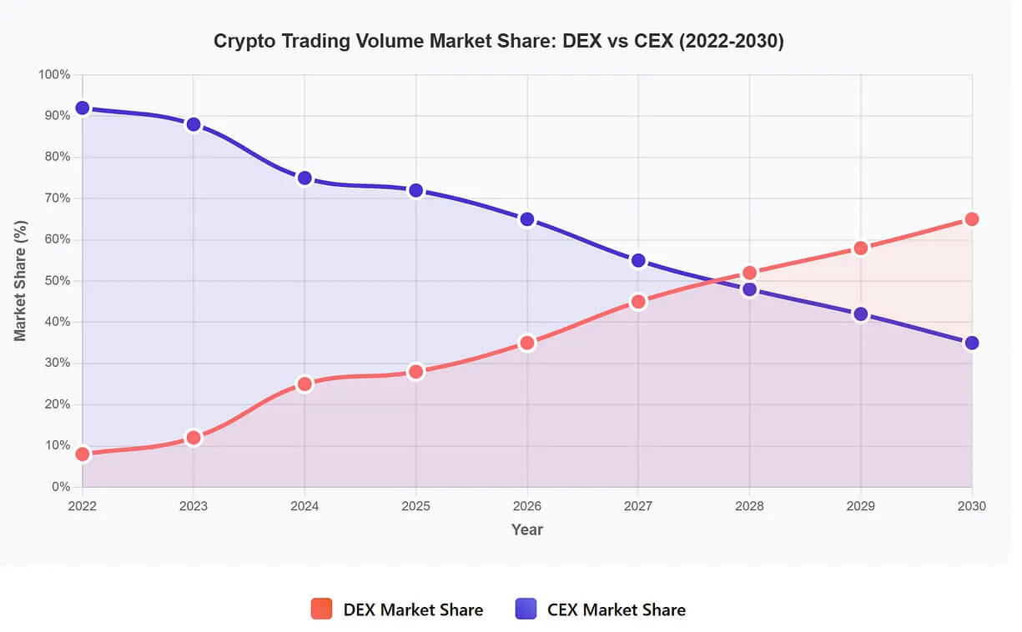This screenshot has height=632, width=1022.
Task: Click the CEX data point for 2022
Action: [x=82, y=108]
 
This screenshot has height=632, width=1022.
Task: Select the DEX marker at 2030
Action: [x=972, y=219]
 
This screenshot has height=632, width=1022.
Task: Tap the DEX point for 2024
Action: [x=305, y=384]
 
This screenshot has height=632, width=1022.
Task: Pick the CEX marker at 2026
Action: [x=527, y=219]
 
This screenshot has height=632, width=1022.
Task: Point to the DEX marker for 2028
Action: [x=749, y=273]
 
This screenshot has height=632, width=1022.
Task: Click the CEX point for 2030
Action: [x=972, y=343]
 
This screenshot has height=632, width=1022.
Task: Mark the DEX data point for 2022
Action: [x=82, y=454]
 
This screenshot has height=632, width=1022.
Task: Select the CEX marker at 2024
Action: [x=305, y=178]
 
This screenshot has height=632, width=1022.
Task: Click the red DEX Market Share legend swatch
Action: [x=321, y=609]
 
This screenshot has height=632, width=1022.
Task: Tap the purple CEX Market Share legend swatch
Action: [x=526, y=609]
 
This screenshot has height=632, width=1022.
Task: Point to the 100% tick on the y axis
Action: [x=54, y=75]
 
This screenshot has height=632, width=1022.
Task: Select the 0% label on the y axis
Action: [x=60, y=487]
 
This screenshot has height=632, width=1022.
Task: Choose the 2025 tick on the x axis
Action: [x=415, y=505]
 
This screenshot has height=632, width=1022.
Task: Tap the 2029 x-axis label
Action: [x=860, y=505]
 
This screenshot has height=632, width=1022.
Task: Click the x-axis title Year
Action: [x=526, y=529]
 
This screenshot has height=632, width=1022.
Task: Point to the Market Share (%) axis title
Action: [x=21, y=281]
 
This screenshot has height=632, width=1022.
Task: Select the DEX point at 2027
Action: [x=638, y=302]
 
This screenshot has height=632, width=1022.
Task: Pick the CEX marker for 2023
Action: [x=194, y=124]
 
